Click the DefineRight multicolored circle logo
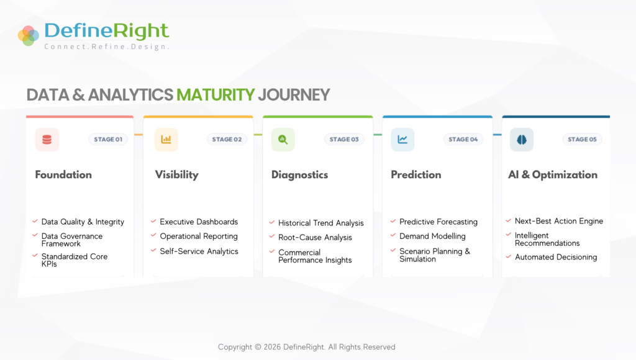pos(29,35)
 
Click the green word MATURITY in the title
pos(216,95)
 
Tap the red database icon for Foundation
pos(47,140)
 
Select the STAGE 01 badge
pos(108,140)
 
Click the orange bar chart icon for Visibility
pos(166,140)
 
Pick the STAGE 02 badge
pos(227,140)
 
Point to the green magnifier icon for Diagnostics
pos(283,140)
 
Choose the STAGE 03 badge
pos(344,140)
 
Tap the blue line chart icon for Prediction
pos(402,140)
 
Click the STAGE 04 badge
pos(463,140)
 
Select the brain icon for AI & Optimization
pos(522,140)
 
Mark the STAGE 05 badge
pos(582,140)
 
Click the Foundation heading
pos(63,175)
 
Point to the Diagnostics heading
pos(300,175)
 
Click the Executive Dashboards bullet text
pos(199,222)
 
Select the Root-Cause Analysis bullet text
pos(315,238)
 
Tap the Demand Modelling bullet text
pos(432,236)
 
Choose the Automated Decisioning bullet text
pos(556,257)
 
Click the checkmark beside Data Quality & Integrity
pos(35,222)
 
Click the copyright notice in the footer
pos(307,347)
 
